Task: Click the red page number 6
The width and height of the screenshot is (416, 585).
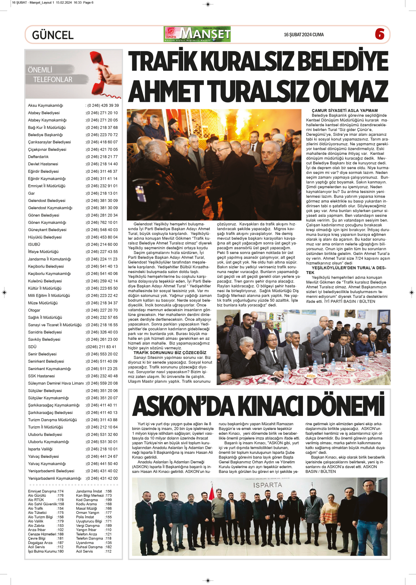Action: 380,34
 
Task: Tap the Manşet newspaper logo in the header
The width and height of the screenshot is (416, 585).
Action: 197,34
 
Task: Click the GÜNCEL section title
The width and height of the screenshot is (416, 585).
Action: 53,35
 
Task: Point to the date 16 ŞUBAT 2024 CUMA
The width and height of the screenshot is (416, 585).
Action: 304,35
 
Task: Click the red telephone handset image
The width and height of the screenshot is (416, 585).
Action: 104,74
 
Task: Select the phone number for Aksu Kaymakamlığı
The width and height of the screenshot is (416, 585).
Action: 103,106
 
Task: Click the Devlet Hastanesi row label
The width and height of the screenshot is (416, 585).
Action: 43,164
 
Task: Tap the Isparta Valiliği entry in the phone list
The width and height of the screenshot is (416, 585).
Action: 40,449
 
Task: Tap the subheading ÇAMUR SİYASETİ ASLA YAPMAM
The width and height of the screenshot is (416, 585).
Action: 345,111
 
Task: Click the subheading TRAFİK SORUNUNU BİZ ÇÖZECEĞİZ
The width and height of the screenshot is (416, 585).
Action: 170,353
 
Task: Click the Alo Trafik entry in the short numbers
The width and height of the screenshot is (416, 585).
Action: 35,509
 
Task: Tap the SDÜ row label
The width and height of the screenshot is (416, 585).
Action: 32,347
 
